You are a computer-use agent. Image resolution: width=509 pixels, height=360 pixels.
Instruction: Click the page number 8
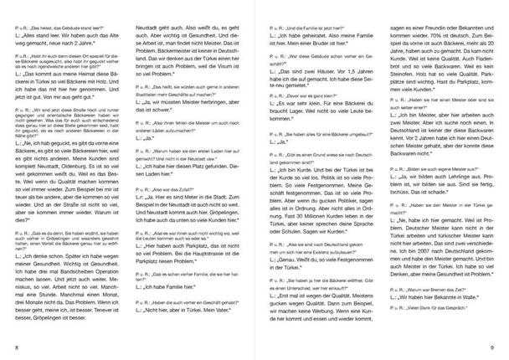tap(17, 345)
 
